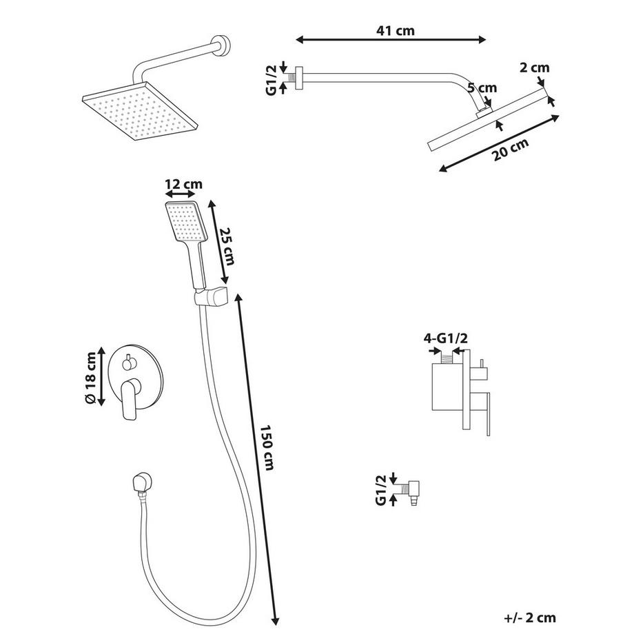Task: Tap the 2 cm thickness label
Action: click(x=534, y=68)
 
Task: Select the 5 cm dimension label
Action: click(x=482, y=88)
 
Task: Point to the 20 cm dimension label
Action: click(x=511, y=150)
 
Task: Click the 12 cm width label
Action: click(x=183, y=185)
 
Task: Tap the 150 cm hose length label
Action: click(x=267, y=448)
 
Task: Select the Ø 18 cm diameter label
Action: click(x=89, y=378)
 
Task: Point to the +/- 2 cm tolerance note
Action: click(x=529, y=618)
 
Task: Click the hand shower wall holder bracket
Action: click(x=211, y=297)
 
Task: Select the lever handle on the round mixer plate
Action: click(x=128, y=400)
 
